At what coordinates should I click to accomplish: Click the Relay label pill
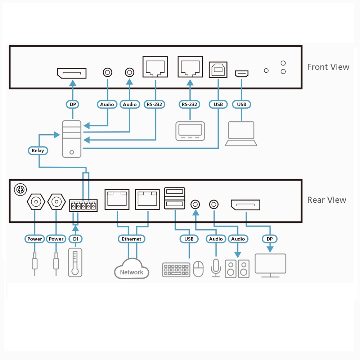tap(38, 150)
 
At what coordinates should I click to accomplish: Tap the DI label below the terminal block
tap(75, 239)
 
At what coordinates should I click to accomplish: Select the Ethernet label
tap(131, 239)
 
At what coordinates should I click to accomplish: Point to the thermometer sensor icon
tap(75, 262)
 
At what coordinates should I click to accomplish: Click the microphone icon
tap(216, 267)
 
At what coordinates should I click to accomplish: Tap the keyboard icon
tap(176, 270)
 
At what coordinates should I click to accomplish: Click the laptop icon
tap(241, 134)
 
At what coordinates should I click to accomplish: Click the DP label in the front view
tap(72, 104)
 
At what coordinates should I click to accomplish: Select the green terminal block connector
tap(83, 206)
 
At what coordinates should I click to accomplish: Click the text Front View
tap(328, 67)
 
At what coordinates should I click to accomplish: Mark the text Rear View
tap(327, 200)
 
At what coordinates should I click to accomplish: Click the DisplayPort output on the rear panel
tap(245, 205)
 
